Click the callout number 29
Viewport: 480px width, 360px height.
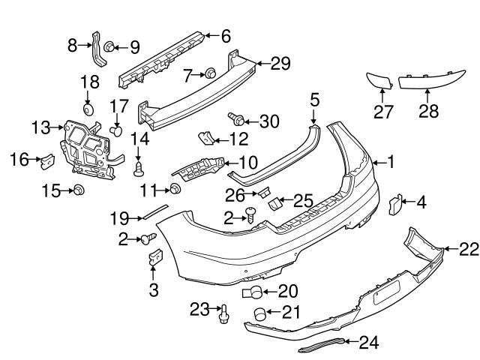280,64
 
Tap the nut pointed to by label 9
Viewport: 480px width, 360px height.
109,47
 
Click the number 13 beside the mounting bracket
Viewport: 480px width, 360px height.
42,128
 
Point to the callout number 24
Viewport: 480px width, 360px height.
368,343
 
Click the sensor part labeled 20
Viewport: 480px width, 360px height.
253,292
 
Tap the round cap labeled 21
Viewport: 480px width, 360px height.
258,314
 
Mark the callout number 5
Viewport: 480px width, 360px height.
314,98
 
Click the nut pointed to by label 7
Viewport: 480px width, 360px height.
211,73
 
